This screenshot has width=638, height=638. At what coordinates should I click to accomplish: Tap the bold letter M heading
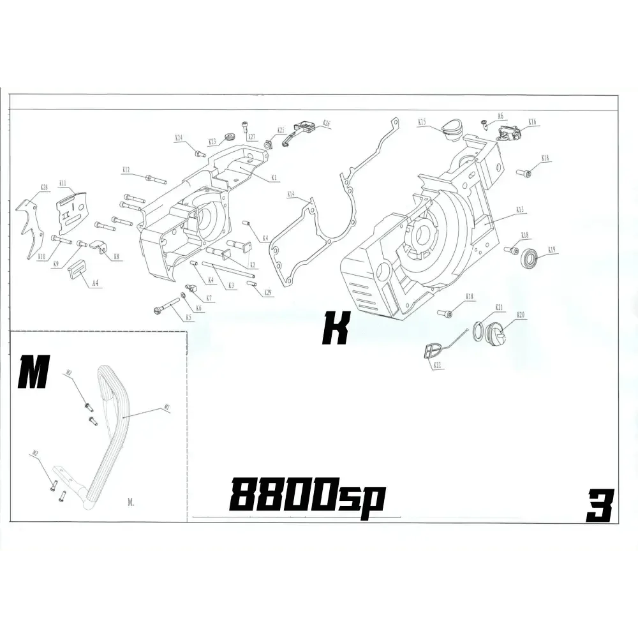(34, 373)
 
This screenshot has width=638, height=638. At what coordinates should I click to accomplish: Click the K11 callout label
(63, 182)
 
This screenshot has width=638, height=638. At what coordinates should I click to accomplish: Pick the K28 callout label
(44, 188)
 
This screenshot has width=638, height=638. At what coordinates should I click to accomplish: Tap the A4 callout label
(94, 282)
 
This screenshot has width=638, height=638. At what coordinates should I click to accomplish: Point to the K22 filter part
(433, 350)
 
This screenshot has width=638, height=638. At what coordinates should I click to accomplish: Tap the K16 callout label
(532, 121)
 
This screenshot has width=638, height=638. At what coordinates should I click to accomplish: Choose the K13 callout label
(519, 209)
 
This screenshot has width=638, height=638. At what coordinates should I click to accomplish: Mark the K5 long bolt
(167, 305)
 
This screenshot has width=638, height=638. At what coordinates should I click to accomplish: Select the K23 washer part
(230, 135)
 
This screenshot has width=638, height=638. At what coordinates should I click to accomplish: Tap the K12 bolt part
(152, 177)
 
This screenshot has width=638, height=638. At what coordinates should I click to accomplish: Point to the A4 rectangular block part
(77, 270)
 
